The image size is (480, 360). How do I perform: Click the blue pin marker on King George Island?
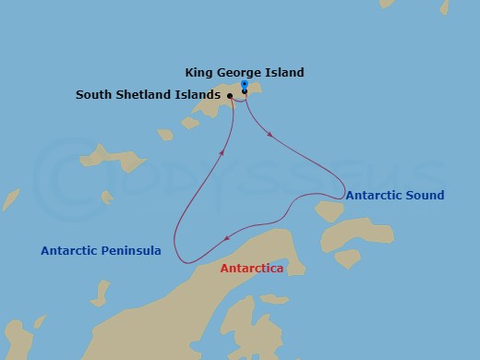(244, 84)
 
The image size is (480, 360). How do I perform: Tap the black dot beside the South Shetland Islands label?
(230, 94)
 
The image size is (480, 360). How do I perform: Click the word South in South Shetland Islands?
(95, 94)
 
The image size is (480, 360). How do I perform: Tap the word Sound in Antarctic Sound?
(425, 195)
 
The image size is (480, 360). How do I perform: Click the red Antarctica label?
(251, 269)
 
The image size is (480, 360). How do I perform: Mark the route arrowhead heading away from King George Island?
(270, 135)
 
